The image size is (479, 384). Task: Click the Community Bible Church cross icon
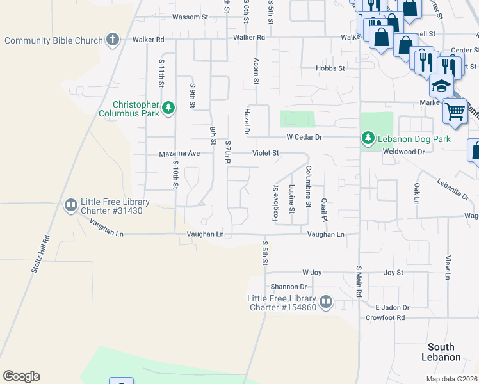tap(113, 40)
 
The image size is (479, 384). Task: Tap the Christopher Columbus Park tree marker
tap(168, 107)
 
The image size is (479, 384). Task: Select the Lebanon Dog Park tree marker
tap(368, 138)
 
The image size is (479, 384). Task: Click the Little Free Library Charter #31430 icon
tap(71, 205)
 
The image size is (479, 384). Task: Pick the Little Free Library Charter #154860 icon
tap(326, 301)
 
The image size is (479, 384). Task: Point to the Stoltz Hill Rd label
tap(39, 255)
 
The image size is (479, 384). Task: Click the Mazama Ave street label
tap(179, 154)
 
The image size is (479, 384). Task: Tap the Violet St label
tap(265, 153)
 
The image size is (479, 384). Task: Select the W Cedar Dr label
tap(304, 136)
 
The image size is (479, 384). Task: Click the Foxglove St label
tap(276, 203)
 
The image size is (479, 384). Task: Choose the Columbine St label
tap(308, 186)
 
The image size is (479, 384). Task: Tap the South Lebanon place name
tap(442, 351)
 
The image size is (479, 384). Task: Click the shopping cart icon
tap(455, 110)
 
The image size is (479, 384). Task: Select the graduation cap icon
tap(441, 84)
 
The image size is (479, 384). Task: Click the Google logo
tap(21, 376)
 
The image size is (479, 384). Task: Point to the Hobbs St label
tap(330, 68)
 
